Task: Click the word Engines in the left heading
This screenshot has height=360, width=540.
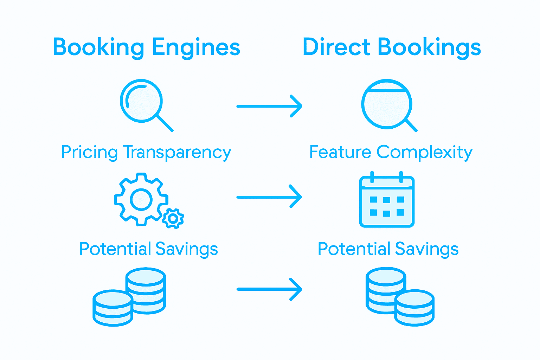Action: point(196,47)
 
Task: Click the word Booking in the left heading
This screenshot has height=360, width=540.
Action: point(98,47)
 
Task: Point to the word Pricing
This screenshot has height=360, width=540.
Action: point(89,152)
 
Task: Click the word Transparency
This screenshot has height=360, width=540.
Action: point(177,152)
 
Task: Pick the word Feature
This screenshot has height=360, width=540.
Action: point(340,152)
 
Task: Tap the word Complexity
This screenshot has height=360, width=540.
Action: point(424,152)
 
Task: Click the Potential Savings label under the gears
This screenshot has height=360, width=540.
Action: point(148,249)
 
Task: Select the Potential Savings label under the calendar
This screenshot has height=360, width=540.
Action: point(388,249)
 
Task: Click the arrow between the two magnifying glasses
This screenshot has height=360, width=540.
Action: point(269,106)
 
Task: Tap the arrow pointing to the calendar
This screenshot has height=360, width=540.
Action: point(269,197)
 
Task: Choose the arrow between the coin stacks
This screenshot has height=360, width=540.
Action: point(269,289)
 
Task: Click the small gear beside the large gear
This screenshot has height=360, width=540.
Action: point(173,218)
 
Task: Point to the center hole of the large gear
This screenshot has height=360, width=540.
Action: point(141,199)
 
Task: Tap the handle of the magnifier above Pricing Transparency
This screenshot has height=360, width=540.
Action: point(165,123)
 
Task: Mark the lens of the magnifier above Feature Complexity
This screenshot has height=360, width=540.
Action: point(387,104)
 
